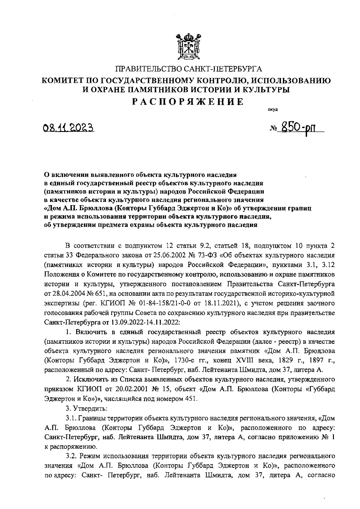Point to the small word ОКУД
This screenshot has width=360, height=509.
(x=273, y=109)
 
